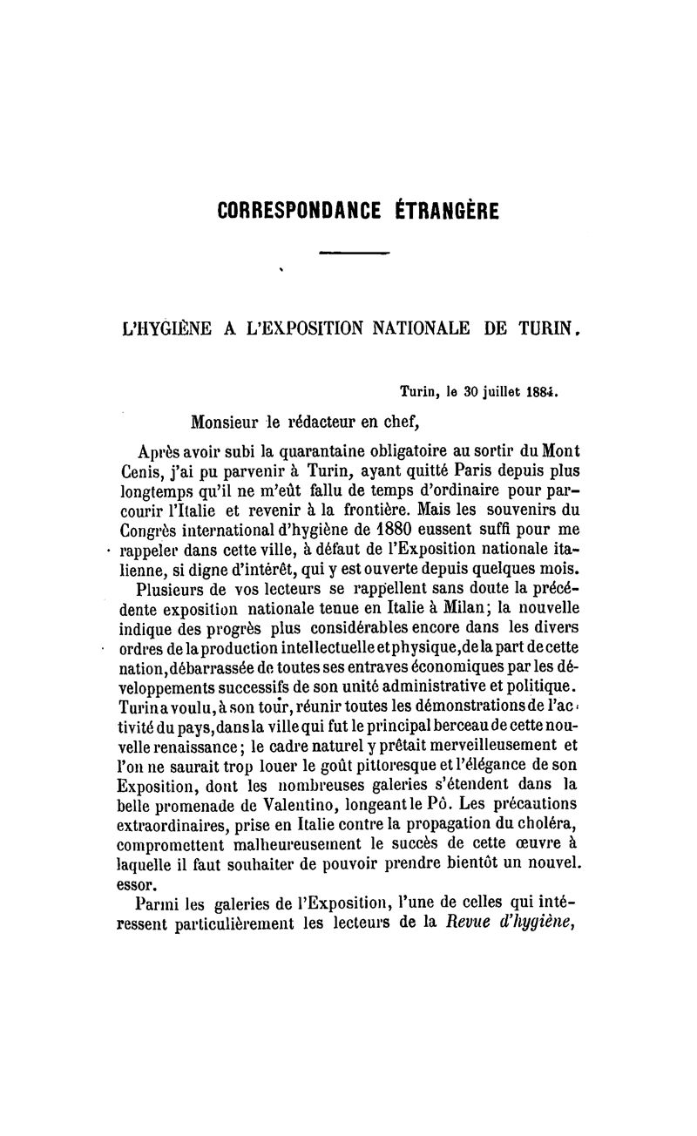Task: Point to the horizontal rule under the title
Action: [x=353, y=253]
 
